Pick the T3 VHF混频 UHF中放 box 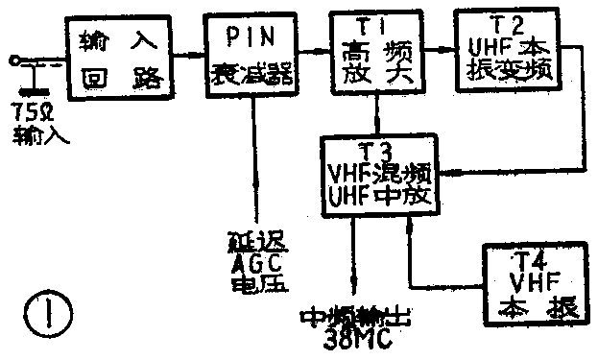[x=381, y=176]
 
